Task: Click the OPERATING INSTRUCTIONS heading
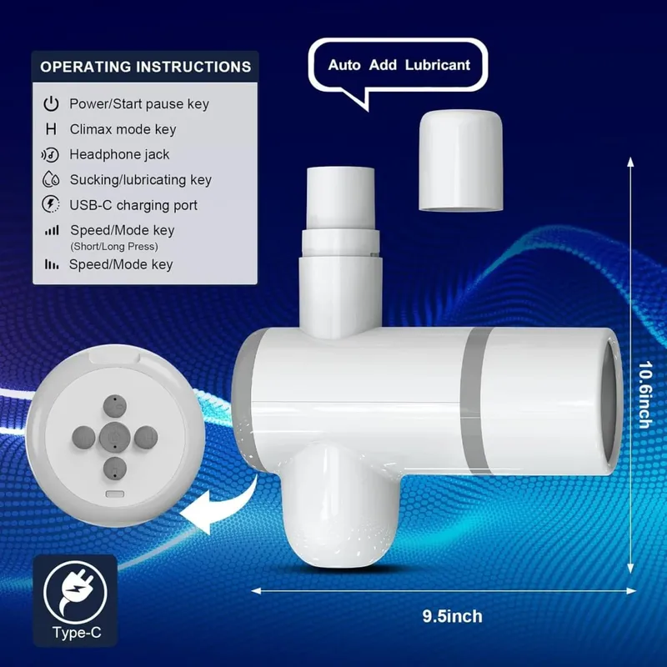click(x=145, y=67)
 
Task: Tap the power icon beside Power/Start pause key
click(x=51, y=103)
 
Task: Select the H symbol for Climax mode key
click(x=51, y=129)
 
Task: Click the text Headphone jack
click(x=119, y=154)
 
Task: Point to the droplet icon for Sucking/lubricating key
click(x=51, y=179)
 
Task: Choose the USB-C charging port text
click(x=133, y=205)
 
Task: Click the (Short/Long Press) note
click(x=114, y=246)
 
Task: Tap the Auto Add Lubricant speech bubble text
click(x=399, y=65)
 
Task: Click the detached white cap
click(x=461, y=160)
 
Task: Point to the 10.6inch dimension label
click(x=644, y=394)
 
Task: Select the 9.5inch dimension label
click(x=452, y=616)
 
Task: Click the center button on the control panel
click(x=115, y=437)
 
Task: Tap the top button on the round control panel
click(x=115, y=406)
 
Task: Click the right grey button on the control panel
click(x=146, y=437)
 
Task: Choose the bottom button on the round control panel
click(x=115, y=469)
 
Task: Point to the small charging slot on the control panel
click(x=115, y=494)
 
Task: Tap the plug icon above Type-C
click(x=75, y=592)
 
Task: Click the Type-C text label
click(x=77, y=633)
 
